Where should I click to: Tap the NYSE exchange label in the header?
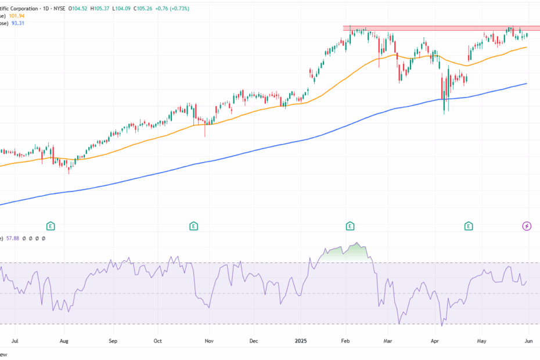click(77, 8)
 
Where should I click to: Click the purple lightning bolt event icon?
click(527, 226)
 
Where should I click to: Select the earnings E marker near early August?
click(51, 226)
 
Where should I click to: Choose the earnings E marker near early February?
click(350, 226)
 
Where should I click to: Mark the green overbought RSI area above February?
click(348, 251)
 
